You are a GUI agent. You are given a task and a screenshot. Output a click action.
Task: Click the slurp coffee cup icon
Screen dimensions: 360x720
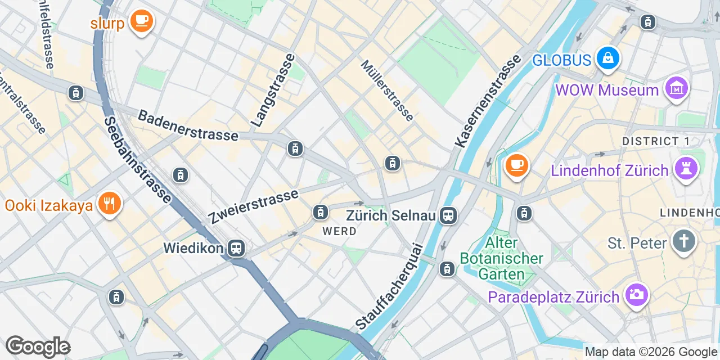141,21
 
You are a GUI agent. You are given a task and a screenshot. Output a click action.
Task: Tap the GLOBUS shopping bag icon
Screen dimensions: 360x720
608,58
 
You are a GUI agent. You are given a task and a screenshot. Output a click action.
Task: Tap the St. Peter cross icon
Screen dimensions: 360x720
684,241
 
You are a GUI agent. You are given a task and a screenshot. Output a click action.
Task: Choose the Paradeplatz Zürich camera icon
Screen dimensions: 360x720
637,295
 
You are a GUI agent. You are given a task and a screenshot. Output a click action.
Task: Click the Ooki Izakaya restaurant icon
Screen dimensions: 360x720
109,204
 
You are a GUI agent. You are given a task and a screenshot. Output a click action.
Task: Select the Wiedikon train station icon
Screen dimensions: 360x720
237,248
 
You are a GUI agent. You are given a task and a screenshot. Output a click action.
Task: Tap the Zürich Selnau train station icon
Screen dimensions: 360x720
448,215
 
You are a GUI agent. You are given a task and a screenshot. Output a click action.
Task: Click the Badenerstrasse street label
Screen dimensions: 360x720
188,126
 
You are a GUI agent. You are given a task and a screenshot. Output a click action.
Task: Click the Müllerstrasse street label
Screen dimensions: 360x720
388,91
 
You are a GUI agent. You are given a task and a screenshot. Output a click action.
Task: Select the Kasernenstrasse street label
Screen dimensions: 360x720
487,101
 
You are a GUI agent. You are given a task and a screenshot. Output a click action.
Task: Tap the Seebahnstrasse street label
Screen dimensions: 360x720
138,160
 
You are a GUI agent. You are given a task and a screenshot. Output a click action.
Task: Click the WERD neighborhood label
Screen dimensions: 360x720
339,231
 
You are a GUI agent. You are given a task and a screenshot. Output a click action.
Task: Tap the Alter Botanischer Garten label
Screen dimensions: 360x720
501,259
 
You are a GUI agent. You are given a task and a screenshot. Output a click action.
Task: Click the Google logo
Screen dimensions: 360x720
38,346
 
